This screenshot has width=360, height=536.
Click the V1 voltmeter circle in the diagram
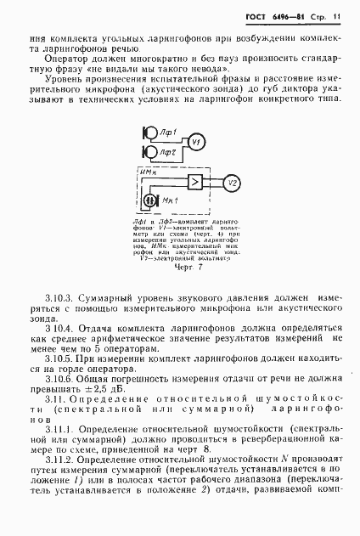pyautogui.click(x=196, y=141)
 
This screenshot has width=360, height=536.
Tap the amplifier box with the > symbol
pyautogui.click(x=194, y=183)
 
